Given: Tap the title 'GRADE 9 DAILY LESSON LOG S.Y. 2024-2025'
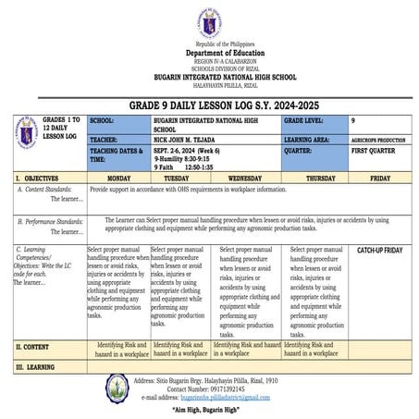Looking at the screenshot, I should tap(209, 105).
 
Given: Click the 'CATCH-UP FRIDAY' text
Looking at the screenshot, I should tap(379, 251).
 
